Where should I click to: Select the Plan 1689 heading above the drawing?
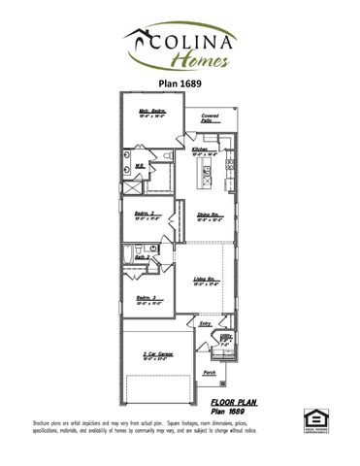180,83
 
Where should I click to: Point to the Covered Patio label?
210,118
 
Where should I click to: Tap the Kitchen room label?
202,150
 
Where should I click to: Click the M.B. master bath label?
141,166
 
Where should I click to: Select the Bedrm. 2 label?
147,214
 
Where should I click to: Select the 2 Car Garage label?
158,353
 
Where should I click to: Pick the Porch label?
209,372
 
